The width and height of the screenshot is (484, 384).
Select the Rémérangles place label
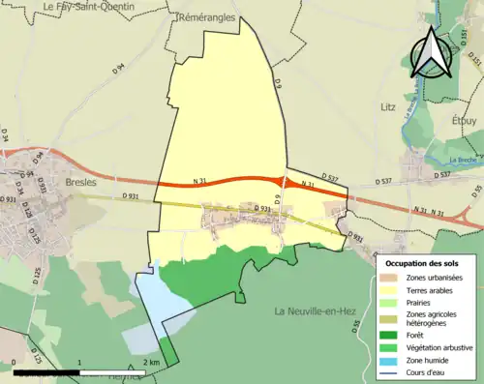point(208,18)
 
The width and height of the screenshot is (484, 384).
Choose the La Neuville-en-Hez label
point(314,310)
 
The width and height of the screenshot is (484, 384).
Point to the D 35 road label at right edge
point(477,190)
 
